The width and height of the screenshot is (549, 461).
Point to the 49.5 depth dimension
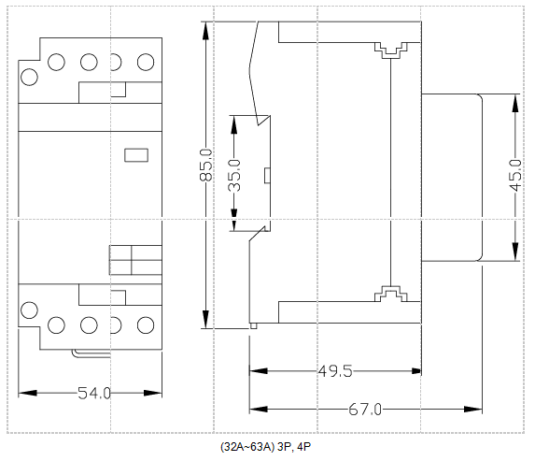(x=334, y=371)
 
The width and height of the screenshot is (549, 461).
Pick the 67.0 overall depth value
(x=365, y=410)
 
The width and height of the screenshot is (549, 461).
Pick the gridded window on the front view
(x=134, y=259)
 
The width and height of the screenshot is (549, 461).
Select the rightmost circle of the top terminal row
(x=145, y=63)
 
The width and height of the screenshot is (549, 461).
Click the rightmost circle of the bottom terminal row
(x=145, y=325)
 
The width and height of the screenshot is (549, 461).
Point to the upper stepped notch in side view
(x=392, y=50)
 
